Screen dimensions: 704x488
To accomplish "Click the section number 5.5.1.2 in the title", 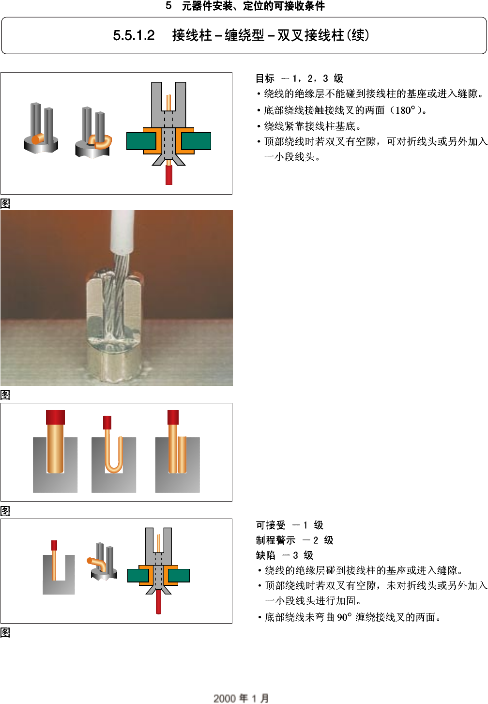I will click(x=134, y=35).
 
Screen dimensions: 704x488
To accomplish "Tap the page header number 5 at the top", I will click(x=168, y=6).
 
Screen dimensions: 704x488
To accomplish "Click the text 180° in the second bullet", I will click(x=405, y=110).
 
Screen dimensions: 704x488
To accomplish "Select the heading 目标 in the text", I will click(x=265, y=78).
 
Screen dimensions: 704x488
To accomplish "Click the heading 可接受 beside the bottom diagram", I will click(x=271, y=525).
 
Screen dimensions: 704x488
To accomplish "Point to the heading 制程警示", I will click(x=275, y=540).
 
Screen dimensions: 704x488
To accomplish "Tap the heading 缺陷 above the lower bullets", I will click(x=265, y=555).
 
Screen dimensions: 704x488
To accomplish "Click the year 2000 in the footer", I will click(x=224, y=698).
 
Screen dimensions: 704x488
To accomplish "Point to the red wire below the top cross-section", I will click(x=169, y=175).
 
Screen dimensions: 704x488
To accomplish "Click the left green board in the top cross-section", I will click(x=141, y=141).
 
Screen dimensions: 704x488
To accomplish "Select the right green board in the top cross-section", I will click(x=196, y=141).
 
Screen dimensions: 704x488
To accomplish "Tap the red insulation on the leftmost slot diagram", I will click(x=55, y=417).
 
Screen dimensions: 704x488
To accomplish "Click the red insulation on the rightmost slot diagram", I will click(x=173, y=417).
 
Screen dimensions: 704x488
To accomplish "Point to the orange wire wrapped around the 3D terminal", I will click(x=103, y=142).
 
